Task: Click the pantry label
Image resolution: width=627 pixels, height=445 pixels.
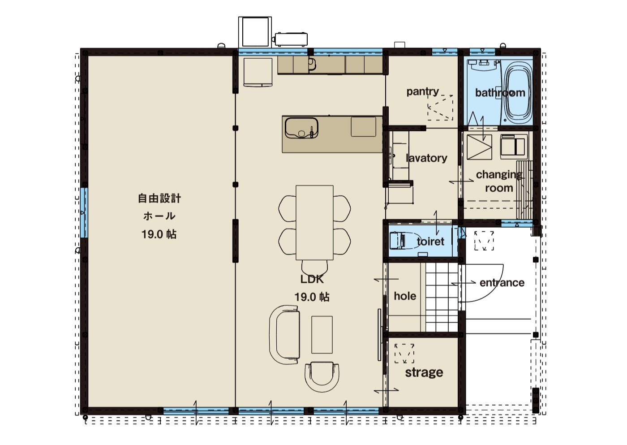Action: (423, 92)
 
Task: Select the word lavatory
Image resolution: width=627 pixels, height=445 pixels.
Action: (426, 158)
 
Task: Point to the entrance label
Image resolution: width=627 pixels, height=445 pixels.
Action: (502, 283)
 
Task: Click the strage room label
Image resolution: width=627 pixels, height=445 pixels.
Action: (424, 373)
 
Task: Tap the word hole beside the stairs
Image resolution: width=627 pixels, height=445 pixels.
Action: (405, 296)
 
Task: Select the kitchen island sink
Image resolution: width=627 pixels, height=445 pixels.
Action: (301, 128)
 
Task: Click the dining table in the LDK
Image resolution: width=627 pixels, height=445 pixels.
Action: (314, 223)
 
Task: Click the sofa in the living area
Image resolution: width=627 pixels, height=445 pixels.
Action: (284, 334)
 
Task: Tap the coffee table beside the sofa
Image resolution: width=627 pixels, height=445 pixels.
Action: (322, 335)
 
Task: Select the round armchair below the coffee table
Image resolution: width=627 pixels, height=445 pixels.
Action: (322, 377)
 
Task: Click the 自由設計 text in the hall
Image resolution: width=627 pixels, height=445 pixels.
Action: (159, 199)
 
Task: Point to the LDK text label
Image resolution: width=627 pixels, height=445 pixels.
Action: (312, 279)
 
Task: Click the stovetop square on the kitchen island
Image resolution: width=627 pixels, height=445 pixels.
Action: (363, 127)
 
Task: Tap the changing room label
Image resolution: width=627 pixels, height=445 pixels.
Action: (499, 181)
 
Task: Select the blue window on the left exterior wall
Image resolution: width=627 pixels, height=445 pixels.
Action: (84, 213)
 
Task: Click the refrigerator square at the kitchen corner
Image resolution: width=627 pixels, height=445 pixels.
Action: (258, 72)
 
